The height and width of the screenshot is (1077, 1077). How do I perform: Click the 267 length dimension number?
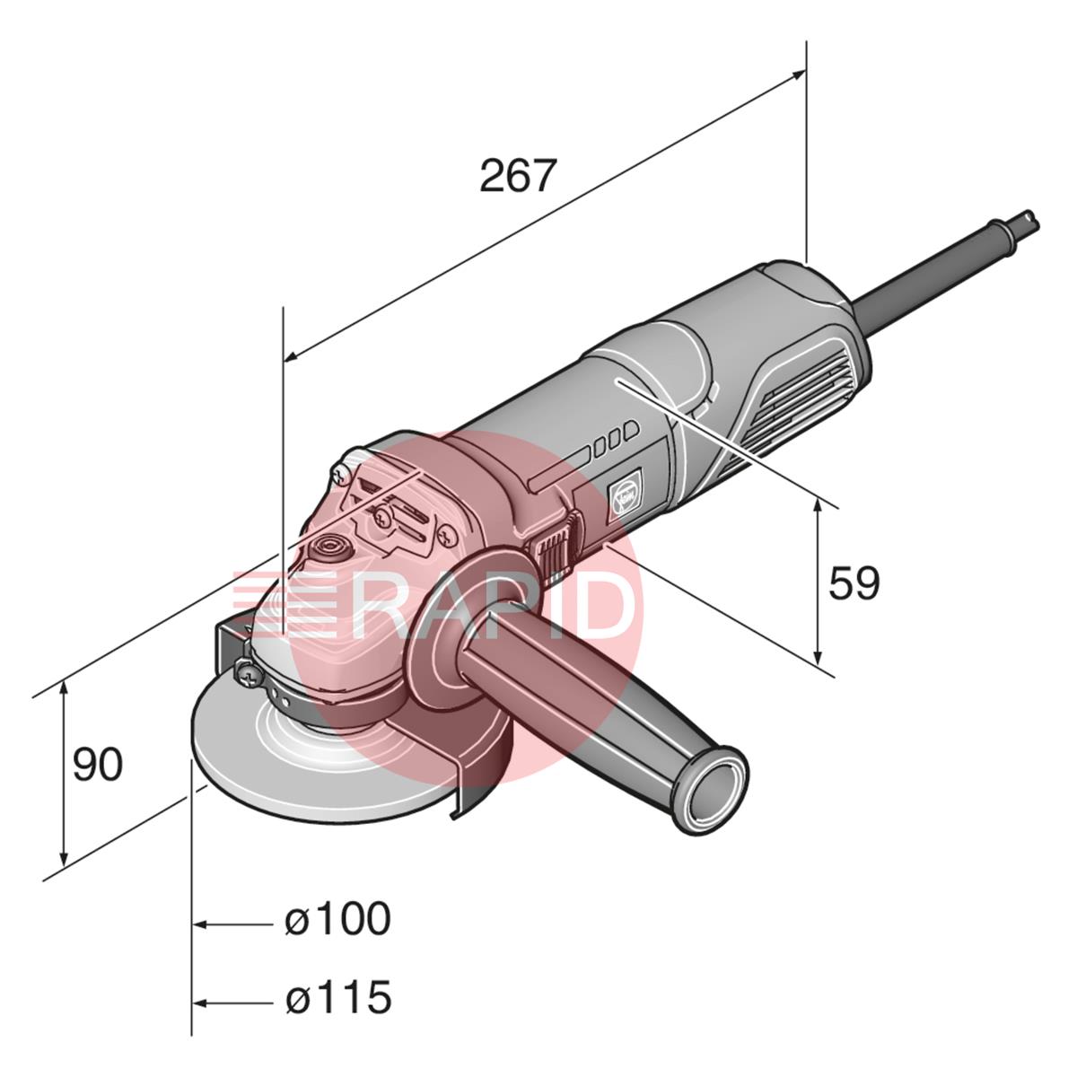[519, 175]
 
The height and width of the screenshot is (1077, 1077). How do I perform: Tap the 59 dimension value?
[854, 583]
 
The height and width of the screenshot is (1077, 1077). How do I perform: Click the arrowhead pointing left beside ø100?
[201, 925]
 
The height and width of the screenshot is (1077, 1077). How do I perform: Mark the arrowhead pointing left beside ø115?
[201, 1004]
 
